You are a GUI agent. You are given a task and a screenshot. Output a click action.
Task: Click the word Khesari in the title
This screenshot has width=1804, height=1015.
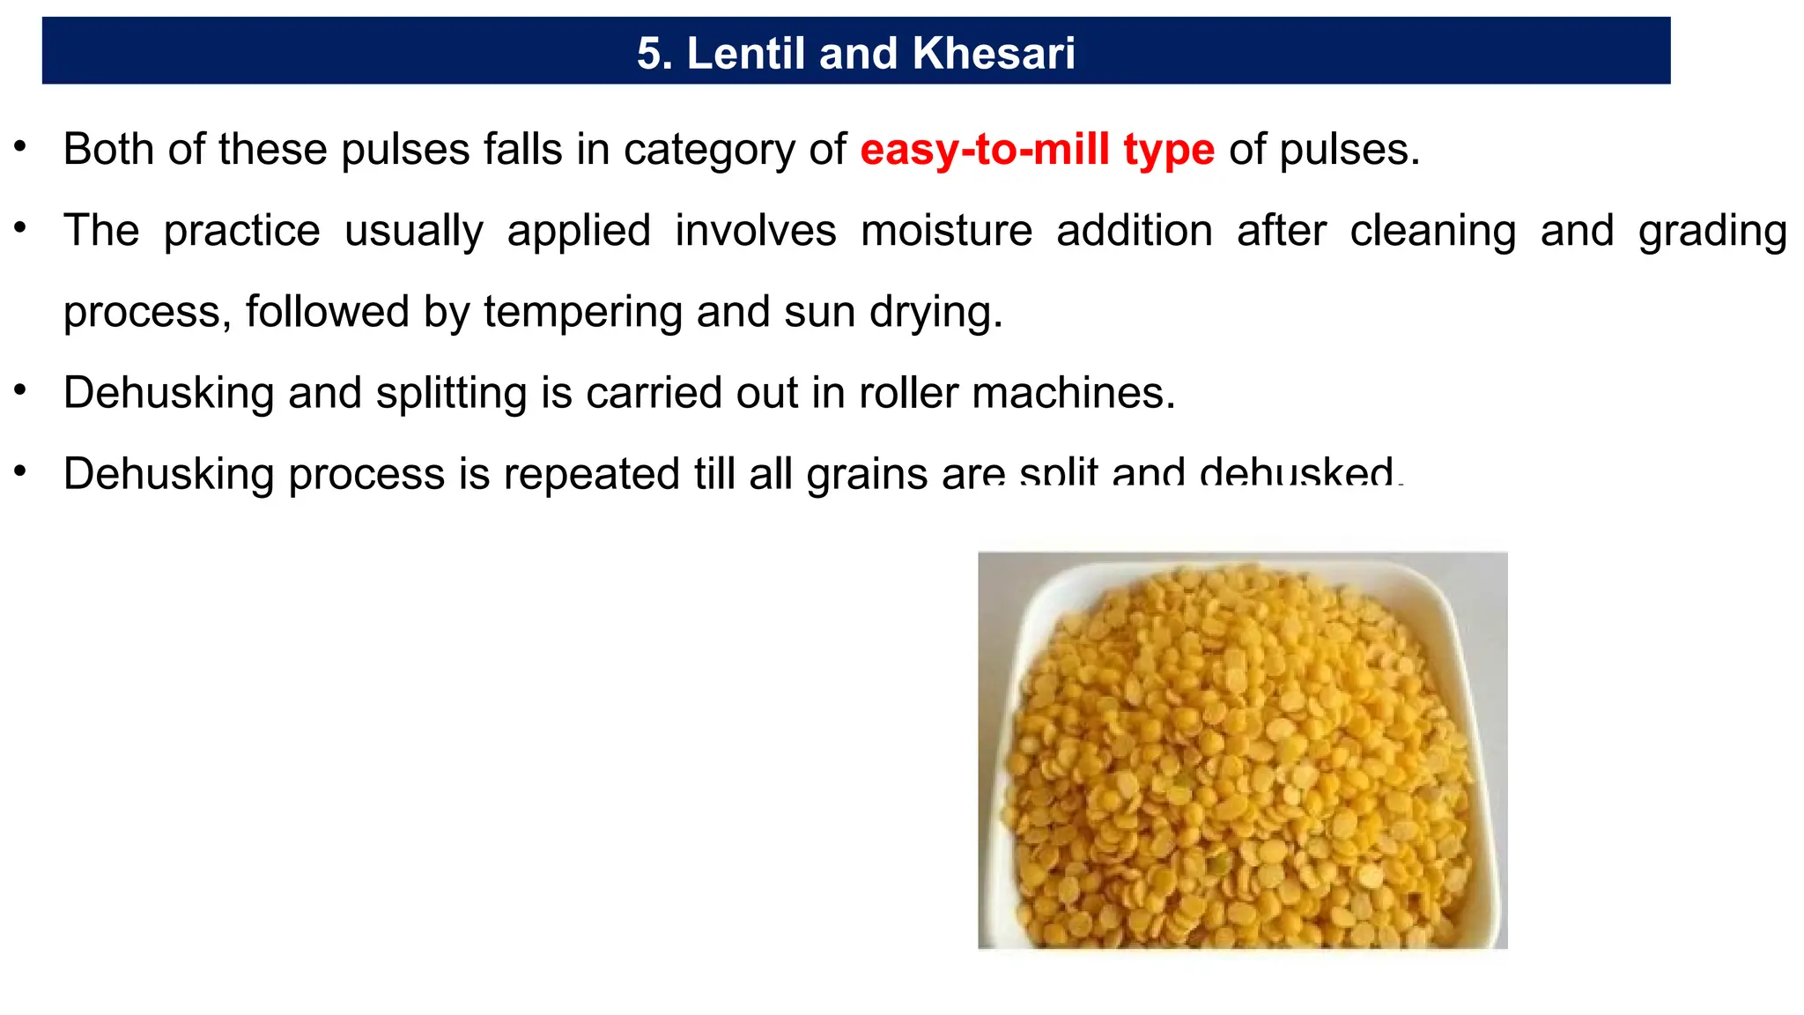click(x=994, y=53)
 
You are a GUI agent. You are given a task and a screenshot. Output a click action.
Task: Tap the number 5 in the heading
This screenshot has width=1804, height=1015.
click(x=649, y=53)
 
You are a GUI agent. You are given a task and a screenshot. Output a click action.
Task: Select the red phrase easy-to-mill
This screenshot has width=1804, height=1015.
click(x=984, y=149)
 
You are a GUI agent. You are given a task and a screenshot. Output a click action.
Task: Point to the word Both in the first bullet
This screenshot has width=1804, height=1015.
click(x=108, y=149)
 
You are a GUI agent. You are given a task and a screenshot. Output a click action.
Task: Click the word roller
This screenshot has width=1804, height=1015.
click(x=907, y=393)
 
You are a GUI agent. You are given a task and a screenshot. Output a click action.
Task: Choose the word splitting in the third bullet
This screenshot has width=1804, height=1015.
click(x=451, y=394)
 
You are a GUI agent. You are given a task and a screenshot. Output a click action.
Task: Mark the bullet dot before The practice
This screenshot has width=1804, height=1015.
click(x=20, y=227)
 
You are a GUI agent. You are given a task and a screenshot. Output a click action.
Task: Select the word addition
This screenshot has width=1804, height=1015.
click(x=1134, y=231)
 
